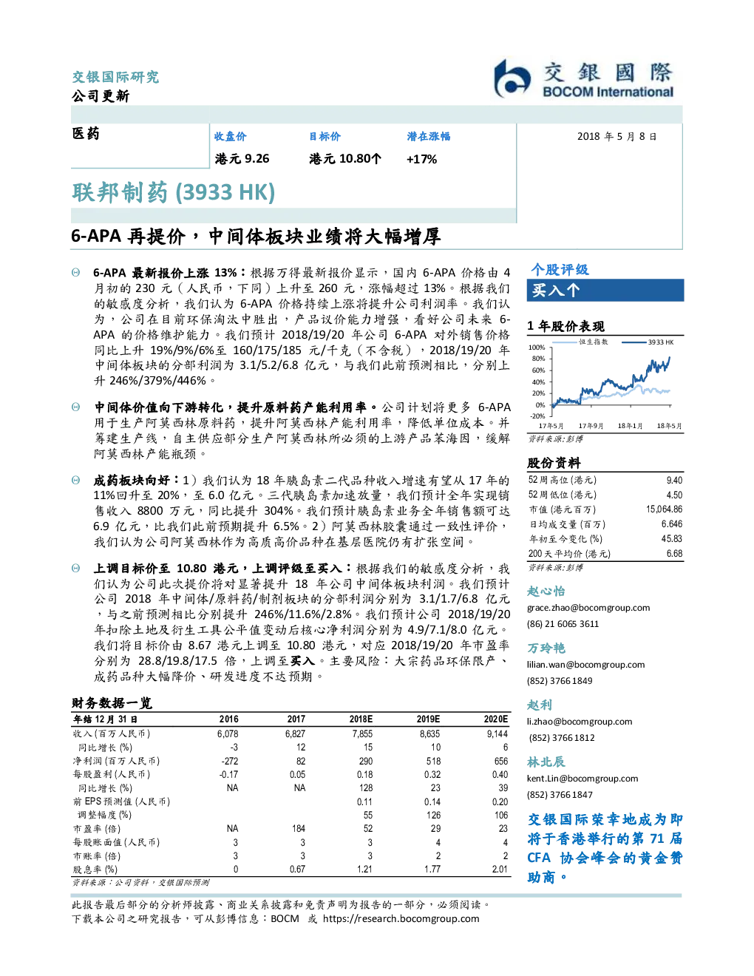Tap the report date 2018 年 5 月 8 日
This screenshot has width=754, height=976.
click(617, 137)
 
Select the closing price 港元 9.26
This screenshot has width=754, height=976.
click(242, 158)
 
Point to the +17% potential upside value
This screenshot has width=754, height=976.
click(421, 159)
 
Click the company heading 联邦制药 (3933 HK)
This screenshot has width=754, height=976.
click(173, 192)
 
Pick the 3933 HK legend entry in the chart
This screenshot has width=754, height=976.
click(648, 342)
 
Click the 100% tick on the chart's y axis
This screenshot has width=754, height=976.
click(537, 348)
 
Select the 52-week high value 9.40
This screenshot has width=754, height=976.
click(674, 480)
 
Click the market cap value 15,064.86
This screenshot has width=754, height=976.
click(664, 509)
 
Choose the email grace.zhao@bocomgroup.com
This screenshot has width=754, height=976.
click(588, 608)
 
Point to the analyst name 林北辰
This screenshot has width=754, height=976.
click(546, 762)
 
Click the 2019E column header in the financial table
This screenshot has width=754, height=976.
click(428, 719)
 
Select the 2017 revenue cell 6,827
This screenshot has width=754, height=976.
click(295, 734)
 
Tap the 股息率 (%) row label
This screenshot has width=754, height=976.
click(95, 869)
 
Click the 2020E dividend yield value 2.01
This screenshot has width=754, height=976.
click(500, 869)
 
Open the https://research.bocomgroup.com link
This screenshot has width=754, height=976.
click(401, 918)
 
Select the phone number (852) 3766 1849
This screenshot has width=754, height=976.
click(560, 680)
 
